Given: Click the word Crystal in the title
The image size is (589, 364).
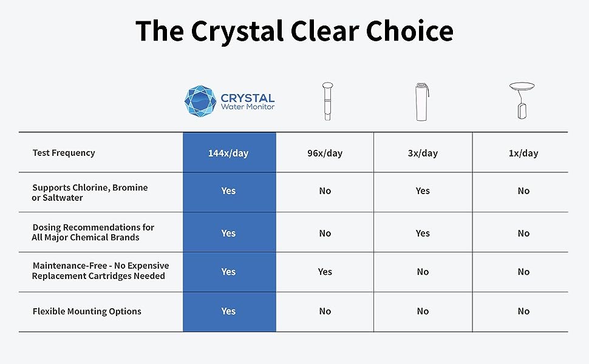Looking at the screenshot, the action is click(x=237, y=31).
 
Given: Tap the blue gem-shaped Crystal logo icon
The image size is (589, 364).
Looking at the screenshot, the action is click(x=200, y=101).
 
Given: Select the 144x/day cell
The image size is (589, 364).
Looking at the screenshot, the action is click(x=228, y=153).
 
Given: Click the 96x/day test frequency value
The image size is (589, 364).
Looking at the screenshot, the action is click(x=325, y=153).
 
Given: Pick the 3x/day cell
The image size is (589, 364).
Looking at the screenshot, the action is click(x=423, y=153).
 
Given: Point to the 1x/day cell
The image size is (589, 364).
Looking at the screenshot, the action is click(x=523, y=153).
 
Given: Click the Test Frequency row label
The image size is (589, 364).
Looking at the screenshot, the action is click(x=64, y=153).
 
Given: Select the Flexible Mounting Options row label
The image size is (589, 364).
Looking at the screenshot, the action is click(x=87, y=311).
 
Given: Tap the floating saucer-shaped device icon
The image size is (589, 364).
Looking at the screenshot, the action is click(x=522, y=101).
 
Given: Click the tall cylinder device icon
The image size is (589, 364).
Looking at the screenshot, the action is click(x=422, y=102).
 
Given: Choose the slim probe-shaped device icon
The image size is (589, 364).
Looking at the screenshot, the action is click(x=327, y=101).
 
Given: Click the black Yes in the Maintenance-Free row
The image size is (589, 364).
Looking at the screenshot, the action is click(x=325, y=272).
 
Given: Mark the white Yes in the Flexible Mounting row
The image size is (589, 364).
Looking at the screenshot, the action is click(x=228, y=311).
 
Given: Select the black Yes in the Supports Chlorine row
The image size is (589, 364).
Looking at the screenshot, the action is click(x=423, y=190).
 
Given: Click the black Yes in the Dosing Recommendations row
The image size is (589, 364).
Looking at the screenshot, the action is click(x=423, y=233).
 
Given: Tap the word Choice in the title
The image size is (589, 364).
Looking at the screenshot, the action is click(x=409, y=30).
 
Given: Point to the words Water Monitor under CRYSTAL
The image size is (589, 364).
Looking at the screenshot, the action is click(x=248, y=107).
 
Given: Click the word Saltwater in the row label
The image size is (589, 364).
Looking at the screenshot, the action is click(x=63, y=198).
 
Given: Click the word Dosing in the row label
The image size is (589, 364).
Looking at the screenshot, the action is click(x=46, y=227).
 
